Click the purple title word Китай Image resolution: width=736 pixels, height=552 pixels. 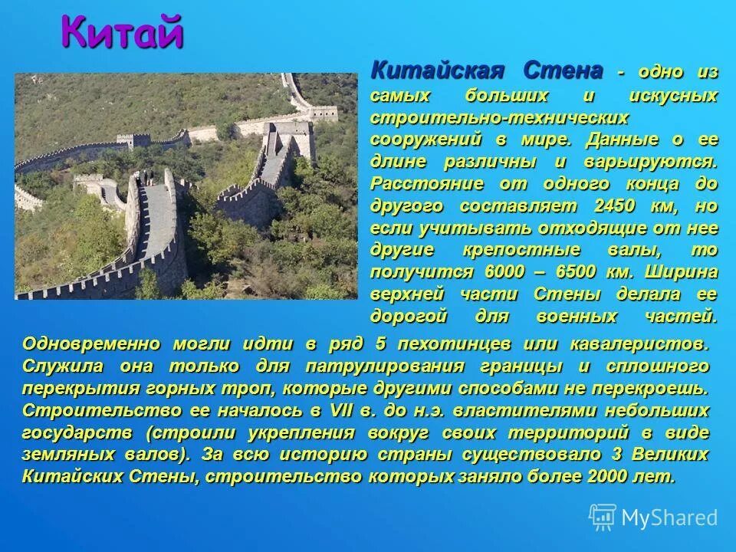point(123,33)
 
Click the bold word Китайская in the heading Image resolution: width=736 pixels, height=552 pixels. point(438,71)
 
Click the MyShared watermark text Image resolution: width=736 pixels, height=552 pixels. point(669,517)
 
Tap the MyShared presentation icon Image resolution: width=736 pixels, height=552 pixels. point(602,517)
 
